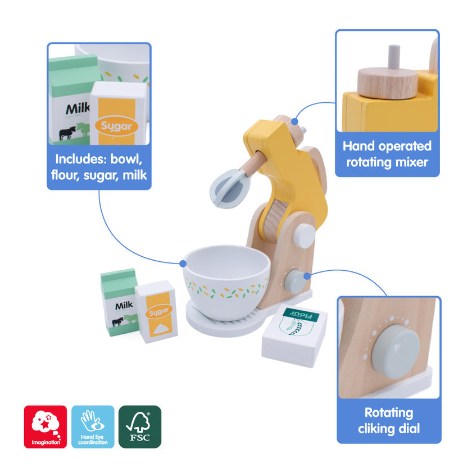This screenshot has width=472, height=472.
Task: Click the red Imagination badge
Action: tap(45, 426)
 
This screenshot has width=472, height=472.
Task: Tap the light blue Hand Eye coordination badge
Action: tap(93, 426)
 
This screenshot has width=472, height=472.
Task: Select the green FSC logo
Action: tap(140, 426)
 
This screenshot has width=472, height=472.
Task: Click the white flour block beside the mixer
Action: tap(294, 337)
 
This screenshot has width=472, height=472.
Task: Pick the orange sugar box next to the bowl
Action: tap(156, 312)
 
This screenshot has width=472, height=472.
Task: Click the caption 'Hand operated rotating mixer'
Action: tap(387, 154)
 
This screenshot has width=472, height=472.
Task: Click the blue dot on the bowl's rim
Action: tap(184, 262)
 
